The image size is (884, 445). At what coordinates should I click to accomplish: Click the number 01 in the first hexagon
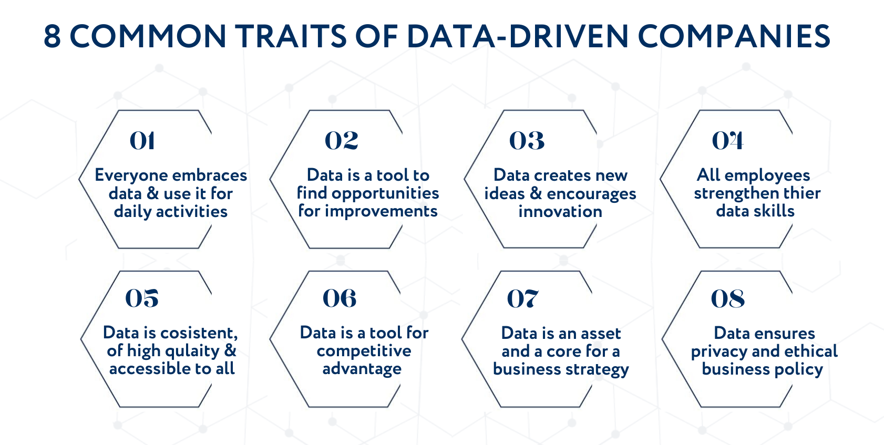click(142, 141)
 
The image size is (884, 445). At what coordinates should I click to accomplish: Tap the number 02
click(342, 141)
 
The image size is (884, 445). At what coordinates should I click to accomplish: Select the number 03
click(527, 141)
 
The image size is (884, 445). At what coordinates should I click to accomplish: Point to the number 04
click(727, 141)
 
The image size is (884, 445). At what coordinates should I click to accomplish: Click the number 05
click(142, 298)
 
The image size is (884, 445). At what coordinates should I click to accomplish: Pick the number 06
click(340, 298)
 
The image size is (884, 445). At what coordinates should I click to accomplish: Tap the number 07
click(522, 298)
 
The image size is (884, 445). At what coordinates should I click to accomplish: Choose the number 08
click(728, 298)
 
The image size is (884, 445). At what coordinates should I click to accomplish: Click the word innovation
click(560, 211)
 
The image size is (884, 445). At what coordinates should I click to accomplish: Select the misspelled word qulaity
click(190, 351)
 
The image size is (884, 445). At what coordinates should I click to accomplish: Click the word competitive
click(364, 351)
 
